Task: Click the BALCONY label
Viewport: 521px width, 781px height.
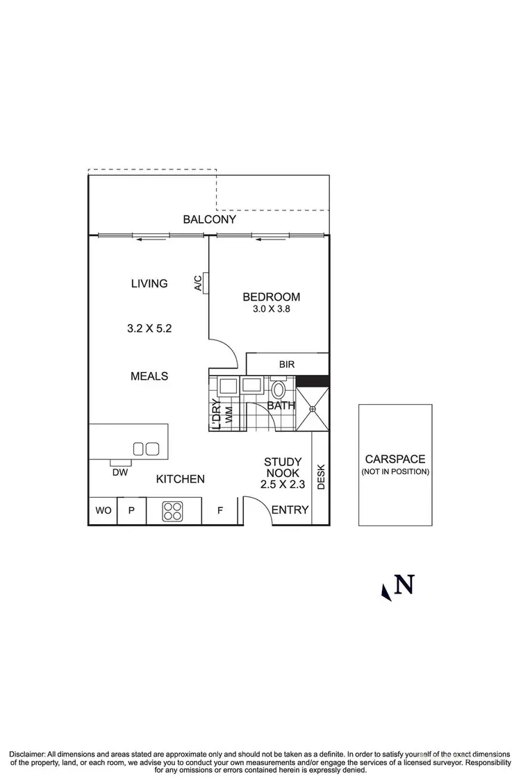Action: pos(209,219)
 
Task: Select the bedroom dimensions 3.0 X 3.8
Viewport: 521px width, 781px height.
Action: pos(271,310)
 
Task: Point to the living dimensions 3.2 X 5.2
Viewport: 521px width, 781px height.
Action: pos(149,328)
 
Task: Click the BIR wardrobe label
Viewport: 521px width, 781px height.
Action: pos(286,364)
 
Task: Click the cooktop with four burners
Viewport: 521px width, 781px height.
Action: pos(172,511)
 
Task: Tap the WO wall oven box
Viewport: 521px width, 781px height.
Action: pos(103,511)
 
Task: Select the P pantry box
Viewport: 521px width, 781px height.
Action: pos(131,511)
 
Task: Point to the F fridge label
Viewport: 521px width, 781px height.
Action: pos(220,511)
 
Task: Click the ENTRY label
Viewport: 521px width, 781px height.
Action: pos(290,510)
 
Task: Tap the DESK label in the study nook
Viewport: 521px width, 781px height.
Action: pos(321,477)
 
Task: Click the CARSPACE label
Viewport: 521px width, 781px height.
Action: pos(395,460)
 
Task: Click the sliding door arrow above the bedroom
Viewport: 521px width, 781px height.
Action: pos(270,240)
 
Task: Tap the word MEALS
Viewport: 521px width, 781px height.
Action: pos(149,376)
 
